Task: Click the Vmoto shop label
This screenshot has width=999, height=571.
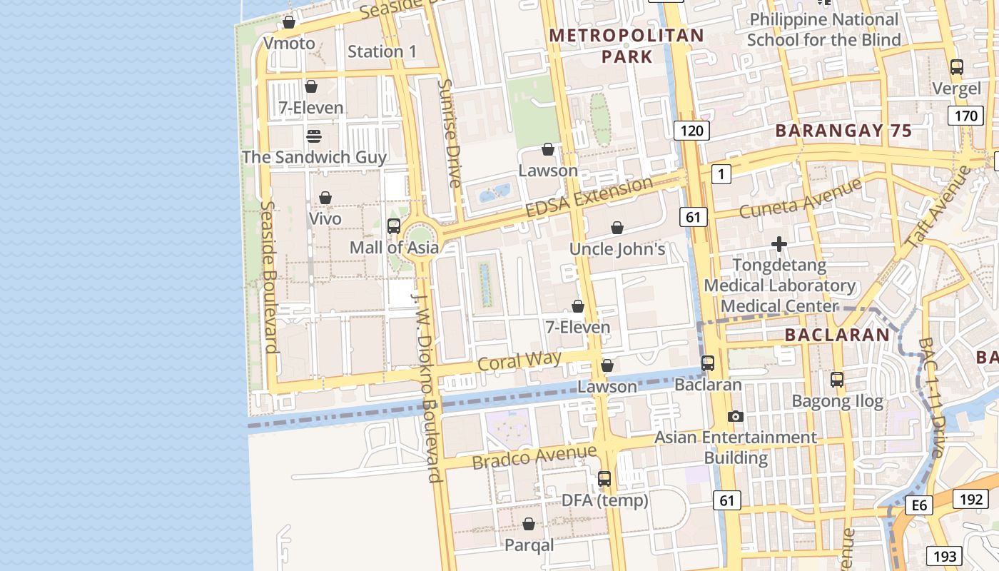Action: (x=289, y=44)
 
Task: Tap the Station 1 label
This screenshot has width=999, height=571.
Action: (x=382, y=51)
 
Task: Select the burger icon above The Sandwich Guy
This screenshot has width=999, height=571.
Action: (x=313, y=136)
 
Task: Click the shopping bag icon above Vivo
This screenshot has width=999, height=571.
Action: (x=325, y=197)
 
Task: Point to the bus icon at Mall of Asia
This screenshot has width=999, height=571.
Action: (x=393, y=226)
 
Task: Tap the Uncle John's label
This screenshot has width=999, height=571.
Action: (x=617, y=249)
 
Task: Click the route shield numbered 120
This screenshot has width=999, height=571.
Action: (x=691, y=130)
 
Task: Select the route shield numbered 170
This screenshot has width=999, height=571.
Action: (x=965, y=116)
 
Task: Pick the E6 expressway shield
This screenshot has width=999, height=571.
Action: (x=919, y=505)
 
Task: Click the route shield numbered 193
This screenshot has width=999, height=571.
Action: (x=944, y=556)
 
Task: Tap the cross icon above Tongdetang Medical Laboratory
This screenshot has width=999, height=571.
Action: (x=779, y=245)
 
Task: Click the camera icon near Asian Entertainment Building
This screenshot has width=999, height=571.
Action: (x=736, y=416)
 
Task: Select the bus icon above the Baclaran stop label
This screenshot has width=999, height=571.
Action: (x=708, y=363)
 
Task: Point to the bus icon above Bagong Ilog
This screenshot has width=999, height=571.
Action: (x=837, y=380)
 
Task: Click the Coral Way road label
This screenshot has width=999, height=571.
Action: (x=519, y=360)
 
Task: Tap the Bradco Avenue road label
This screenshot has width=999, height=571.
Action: (x=534, y=456)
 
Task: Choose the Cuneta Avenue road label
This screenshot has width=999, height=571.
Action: (x=800, y=199)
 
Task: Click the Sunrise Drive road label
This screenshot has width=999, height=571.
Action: (x=450, y=133)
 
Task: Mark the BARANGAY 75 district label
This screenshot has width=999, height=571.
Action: (x=843, y=131)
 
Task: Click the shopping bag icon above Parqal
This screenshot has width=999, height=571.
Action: (x=529, y=525)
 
